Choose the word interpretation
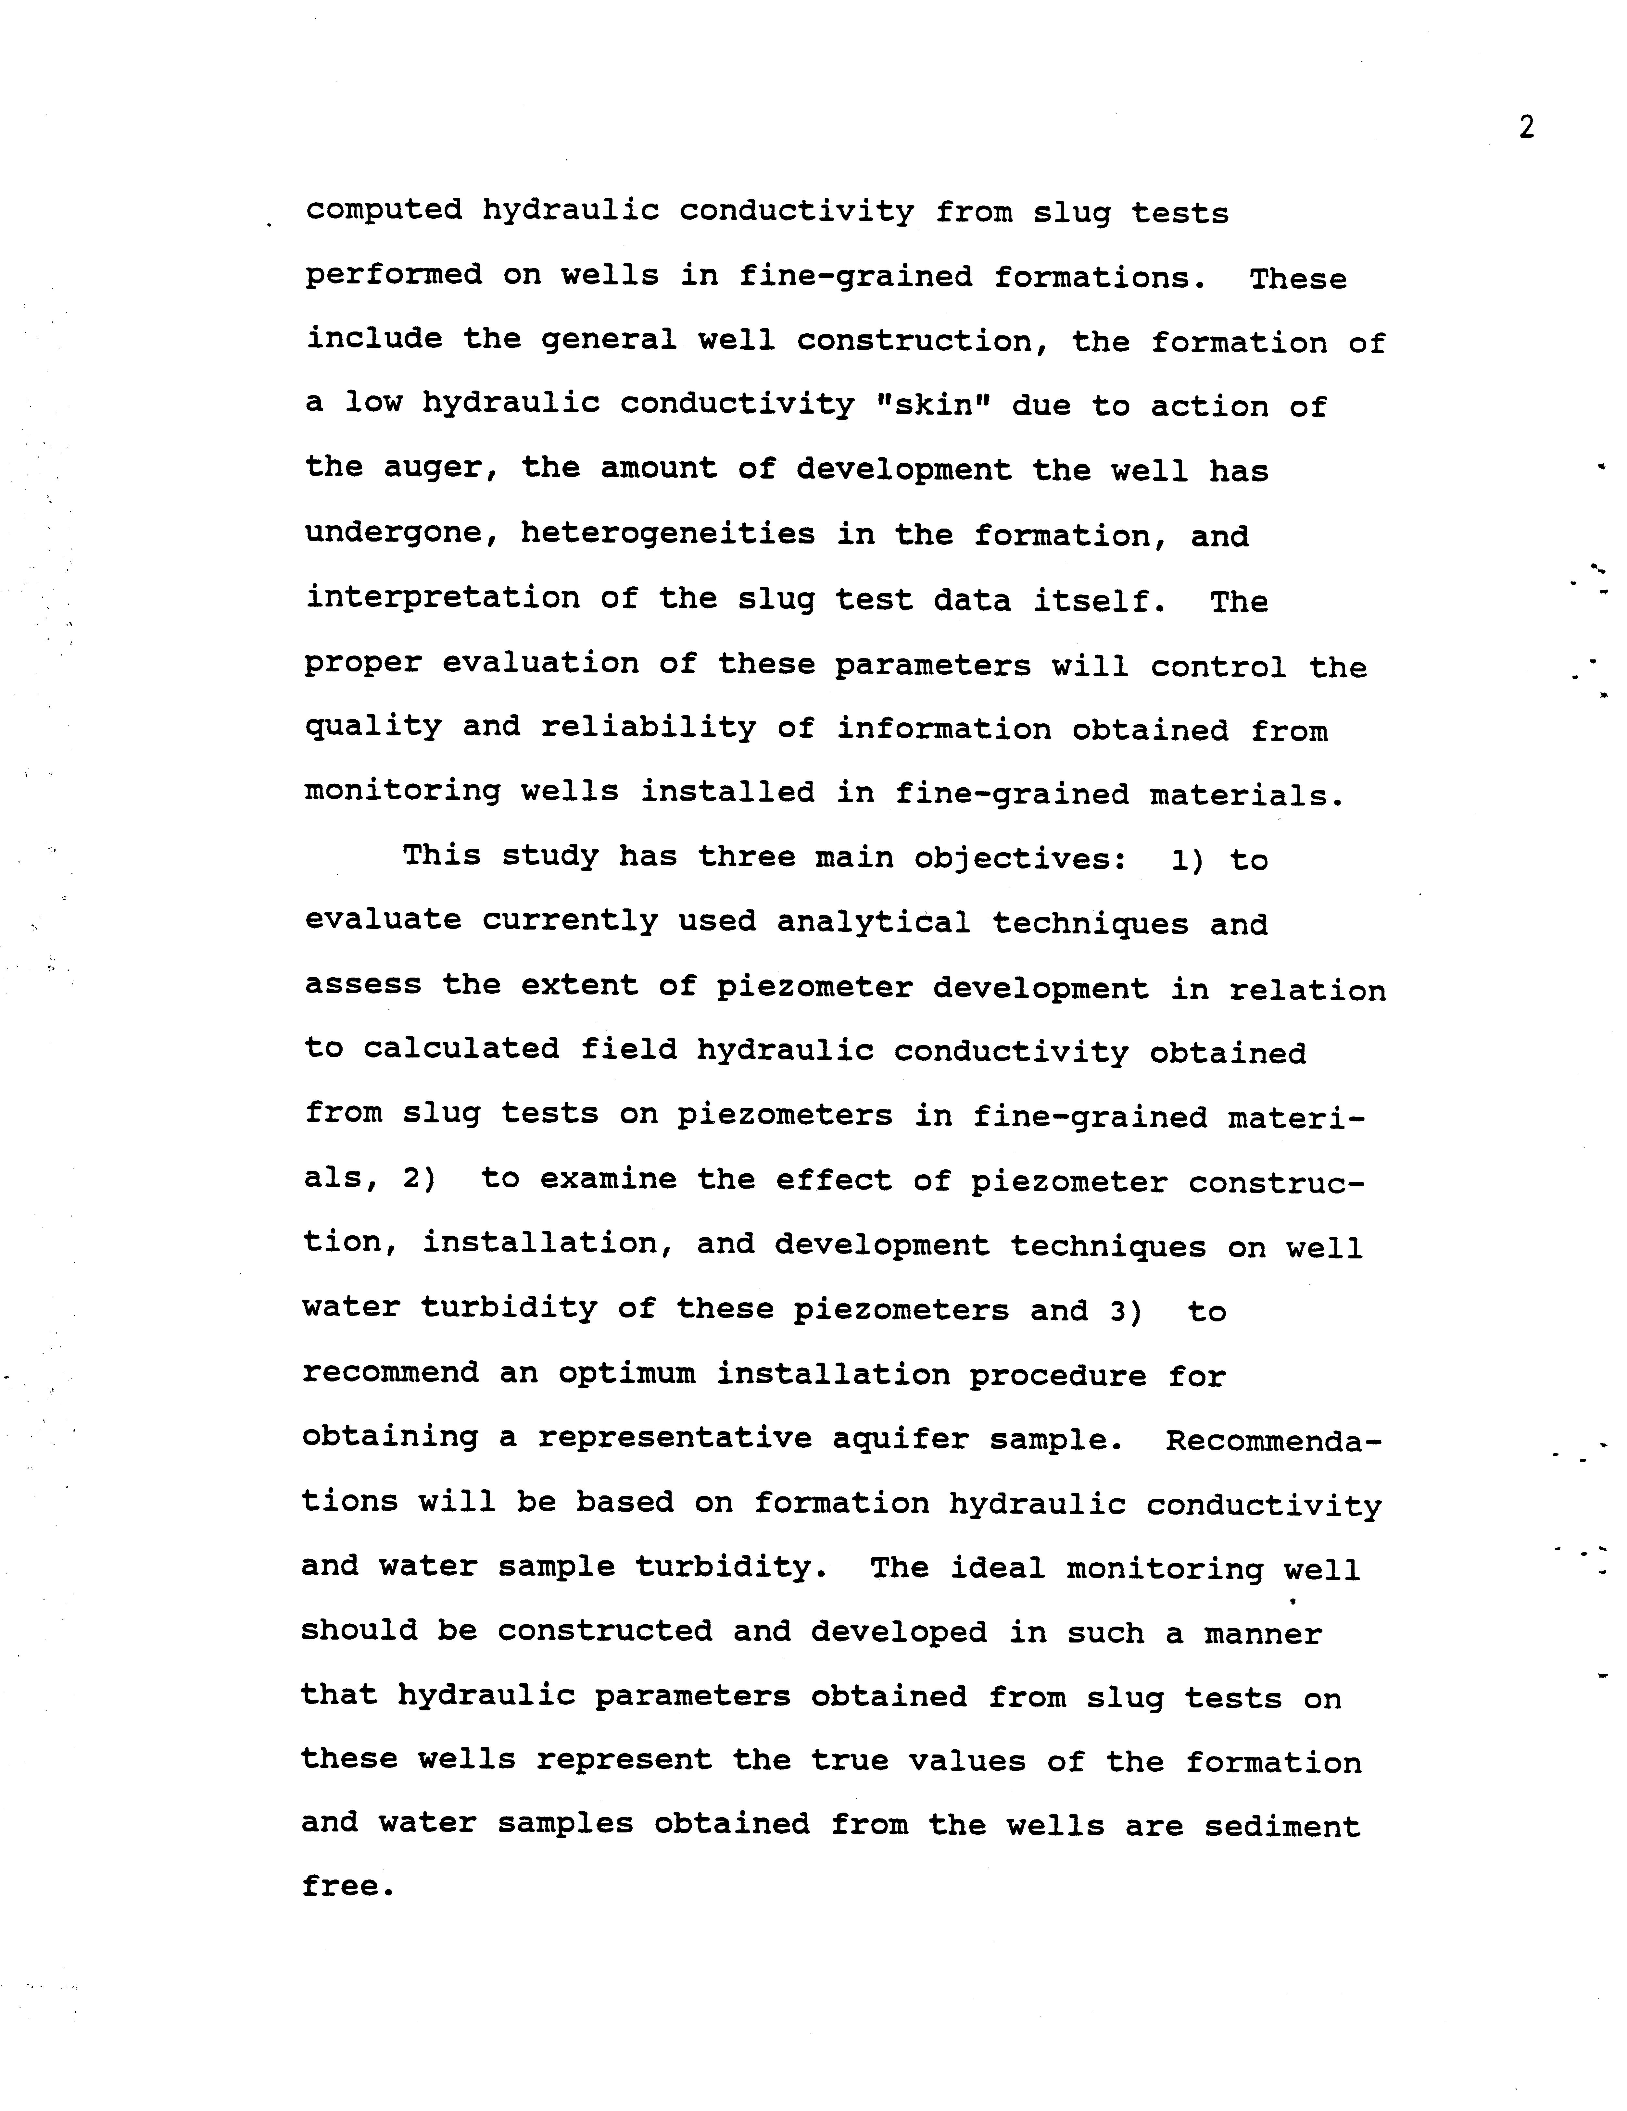tap(442, 598)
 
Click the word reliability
tap(648, 727)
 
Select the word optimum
tap(625, 1373)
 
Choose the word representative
tap(675, 1438)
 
